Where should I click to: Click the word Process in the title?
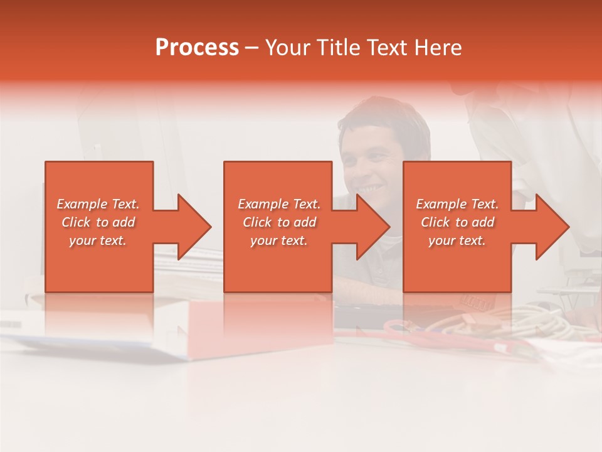click(197, 48)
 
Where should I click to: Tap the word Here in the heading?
click(438, 48)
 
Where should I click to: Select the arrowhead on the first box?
click(192, 227)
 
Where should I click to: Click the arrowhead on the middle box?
click(371, 227)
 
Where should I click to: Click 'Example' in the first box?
click(82, 204)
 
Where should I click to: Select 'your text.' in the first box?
click(98, 240)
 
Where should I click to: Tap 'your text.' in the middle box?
click(279, 240)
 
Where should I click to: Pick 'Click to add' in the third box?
click(457, 222)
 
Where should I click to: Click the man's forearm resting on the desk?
click(370, 290)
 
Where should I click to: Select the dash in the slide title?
click(251, 48)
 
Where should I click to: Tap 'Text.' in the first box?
click(125, 204)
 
